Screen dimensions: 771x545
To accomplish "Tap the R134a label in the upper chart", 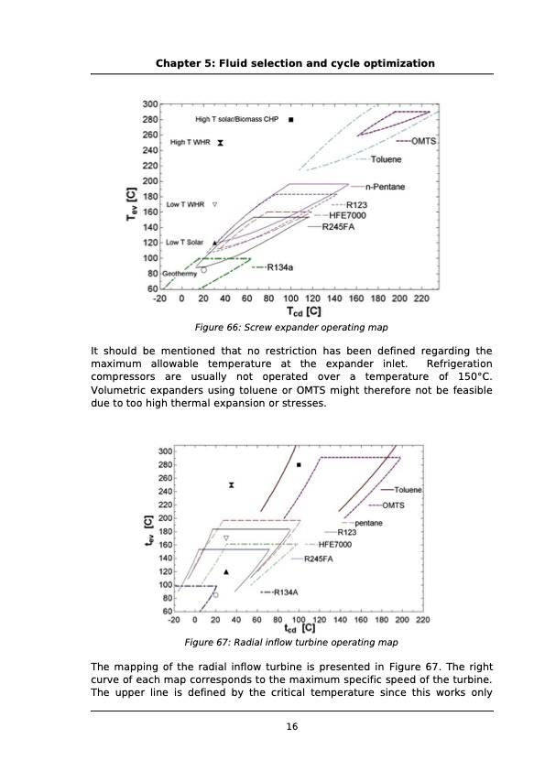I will coord(279,267).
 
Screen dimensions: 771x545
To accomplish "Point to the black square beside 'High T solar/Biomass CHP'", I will coord(291,119).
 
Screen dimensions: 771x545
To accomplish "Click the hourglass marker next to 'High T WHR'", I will coord(221,143).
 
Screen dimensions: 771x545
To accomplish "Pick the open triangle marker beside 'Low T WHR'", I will coord(215,204).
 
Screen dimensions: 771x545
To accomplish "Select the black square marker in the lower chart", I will coord(299,465).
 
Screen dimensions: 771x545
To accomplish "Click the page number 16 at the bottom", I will coord(291,727).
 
